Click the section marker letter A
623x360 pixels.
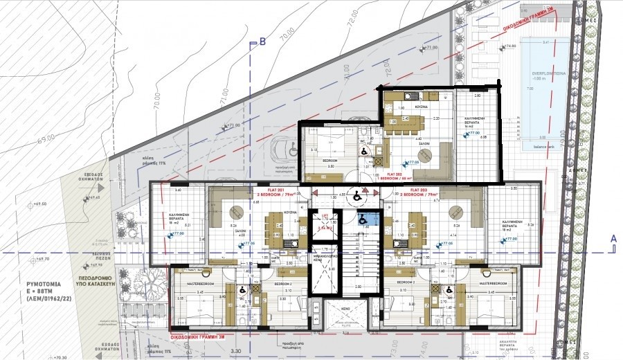613,237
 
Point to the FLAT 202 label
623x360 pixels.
395,174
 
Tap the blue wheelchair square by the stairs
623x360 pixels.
362,219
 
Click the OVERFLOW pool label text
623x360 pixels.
548,73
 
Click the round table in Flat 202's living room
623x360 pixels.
426,154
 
